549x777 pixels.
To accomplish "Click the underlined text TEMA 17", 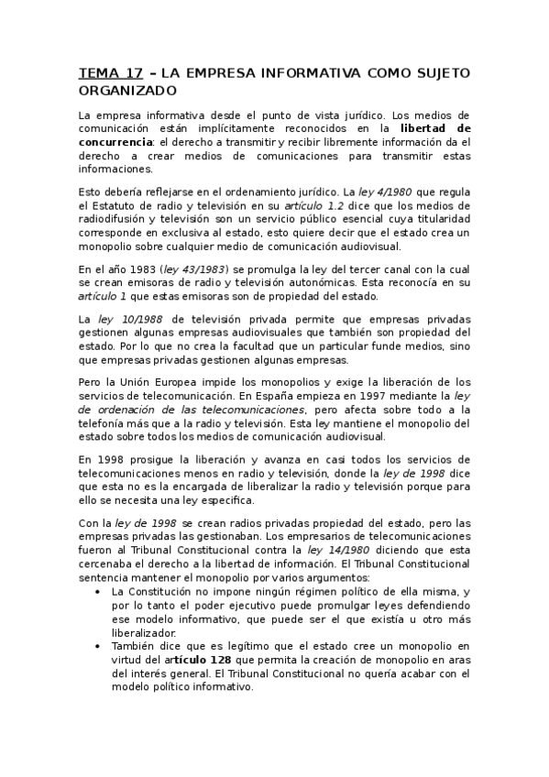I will pos(110,73).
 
